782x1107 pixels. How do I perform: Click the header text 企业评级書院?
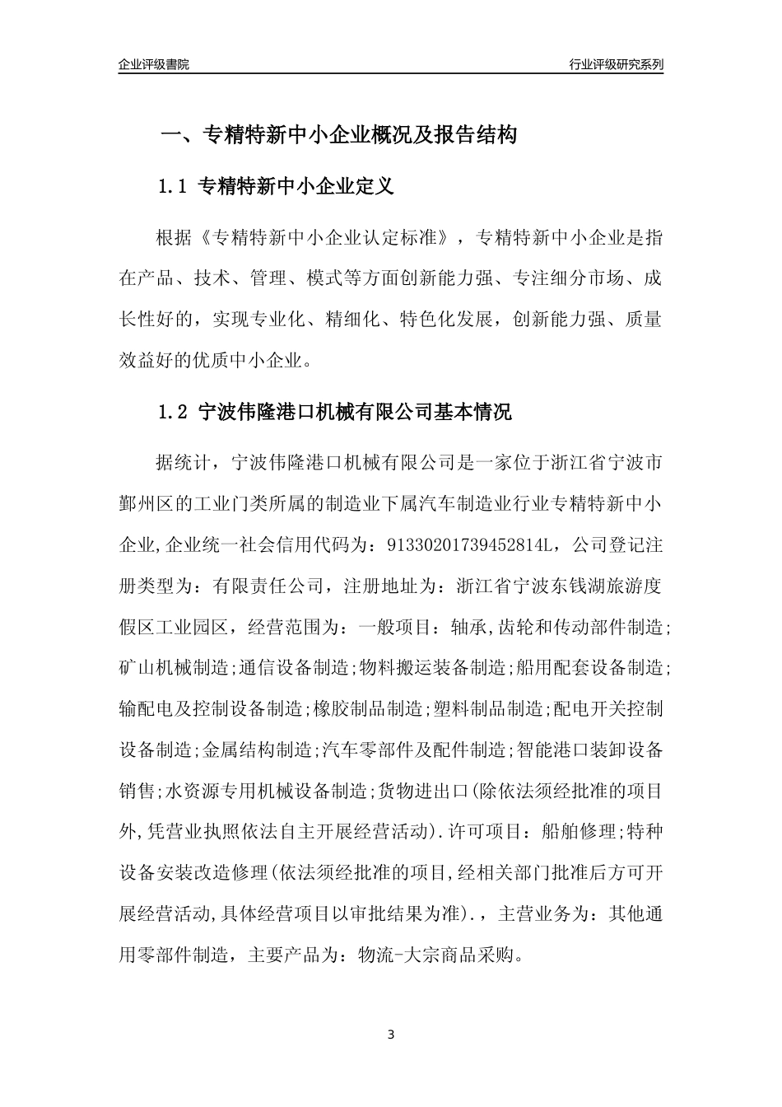click(154, 64)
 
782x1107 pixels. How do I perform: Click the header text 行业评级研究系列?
click(616, 64)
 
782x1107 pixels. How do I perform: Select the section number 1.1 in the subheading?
click(174, 187)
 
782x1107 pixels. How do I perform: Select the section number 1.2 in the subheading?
click(174, 412)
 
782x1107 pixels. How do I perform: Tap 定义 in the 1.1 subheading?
click(374, 187)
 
